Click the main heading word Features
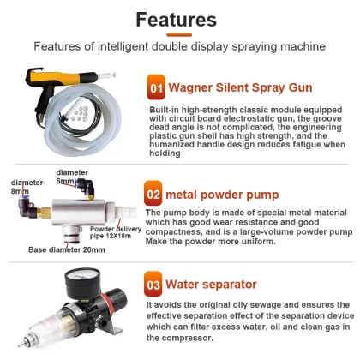(x=179, y=19)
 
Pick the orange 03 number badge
(x=154, y=282)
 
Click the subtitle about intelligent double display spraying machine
(x=179, y=46)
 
